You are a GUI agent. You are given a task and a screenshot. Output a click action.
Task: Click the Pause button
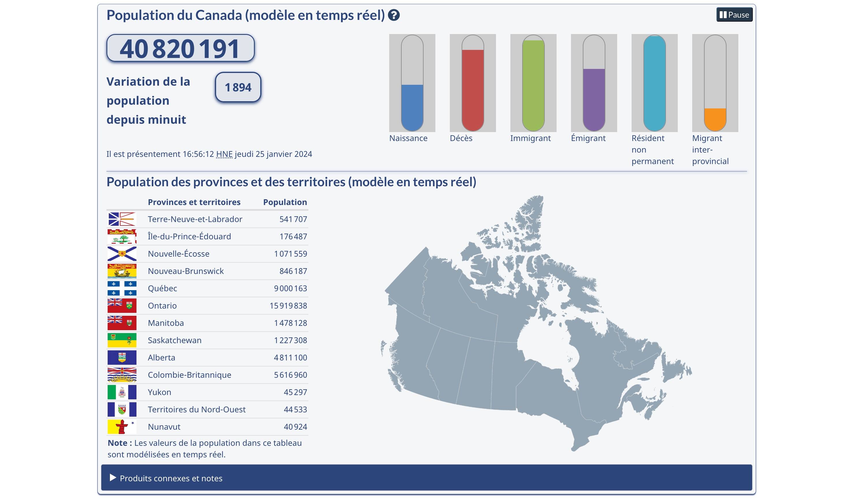734,15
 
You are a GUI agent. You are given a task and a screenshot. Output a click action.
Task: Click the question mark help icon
394,15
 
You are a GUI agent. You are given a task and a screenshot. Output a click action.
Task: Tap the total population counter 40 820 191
180,48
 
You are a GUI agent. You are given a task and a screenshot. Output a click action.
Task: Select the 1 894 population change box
238,87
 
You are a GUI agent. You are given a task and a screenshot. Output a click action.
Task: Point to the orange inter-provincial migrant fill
715,119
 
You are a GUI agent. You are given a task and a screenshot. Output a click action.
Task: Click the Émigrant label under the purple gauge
588,138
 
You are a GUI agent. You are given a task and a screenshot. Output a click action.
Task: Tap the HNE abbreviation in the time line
224,154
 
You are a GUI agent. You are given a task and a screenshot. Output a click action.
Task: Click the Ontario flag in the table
122,305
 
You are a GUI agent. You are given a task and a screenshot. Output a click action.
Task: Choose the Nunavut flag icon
122,426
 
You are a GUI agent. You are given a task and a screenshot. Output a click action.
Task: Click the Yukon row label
159,392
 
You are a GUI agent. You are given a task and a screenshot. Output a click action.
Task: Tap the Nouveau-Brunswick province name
186,271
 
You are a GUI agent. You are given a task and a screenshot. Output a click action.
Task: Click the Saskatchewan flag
122,340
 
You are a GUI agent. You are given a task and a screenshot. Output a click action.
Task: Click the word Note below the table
117,443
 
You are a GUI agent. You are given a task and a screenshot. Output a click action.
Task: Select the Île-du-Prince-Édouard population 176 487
293,236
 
